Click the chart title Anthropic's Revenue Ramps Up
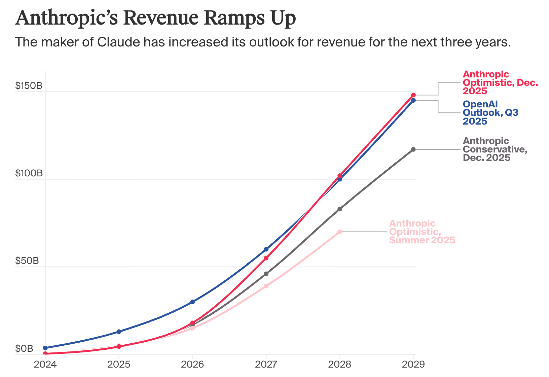click(155, 18)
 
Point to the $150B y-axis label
click(29, 86)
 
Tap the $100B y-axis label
click(29, 173)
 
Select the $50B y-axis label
click(27, 261)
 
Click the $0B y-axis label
click(24, 348)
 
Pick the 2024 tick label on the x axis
click(45, 364)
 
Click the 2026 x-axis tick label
click(192, 364)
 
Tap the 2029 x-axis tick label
click(413, 364)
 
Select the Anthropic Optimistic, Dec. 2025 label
click(500, 82)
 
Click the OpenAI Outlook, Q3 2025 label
click(490, 112)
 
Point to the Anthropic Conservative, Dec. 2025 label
click(495, 149)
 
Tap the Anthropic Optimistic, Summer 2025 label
click(422, 232)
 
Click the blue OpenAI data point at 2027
click(266, 249)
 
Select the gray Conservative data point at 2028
click(340, 209)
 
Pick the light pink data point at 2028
click(340, 232)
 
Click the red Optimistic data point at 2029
click(413, 95)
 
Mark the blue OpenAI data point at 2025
click(119, 332)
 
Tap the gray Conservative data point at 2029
click(413, 149)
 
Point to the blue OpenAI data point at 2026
click(192, 302)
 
